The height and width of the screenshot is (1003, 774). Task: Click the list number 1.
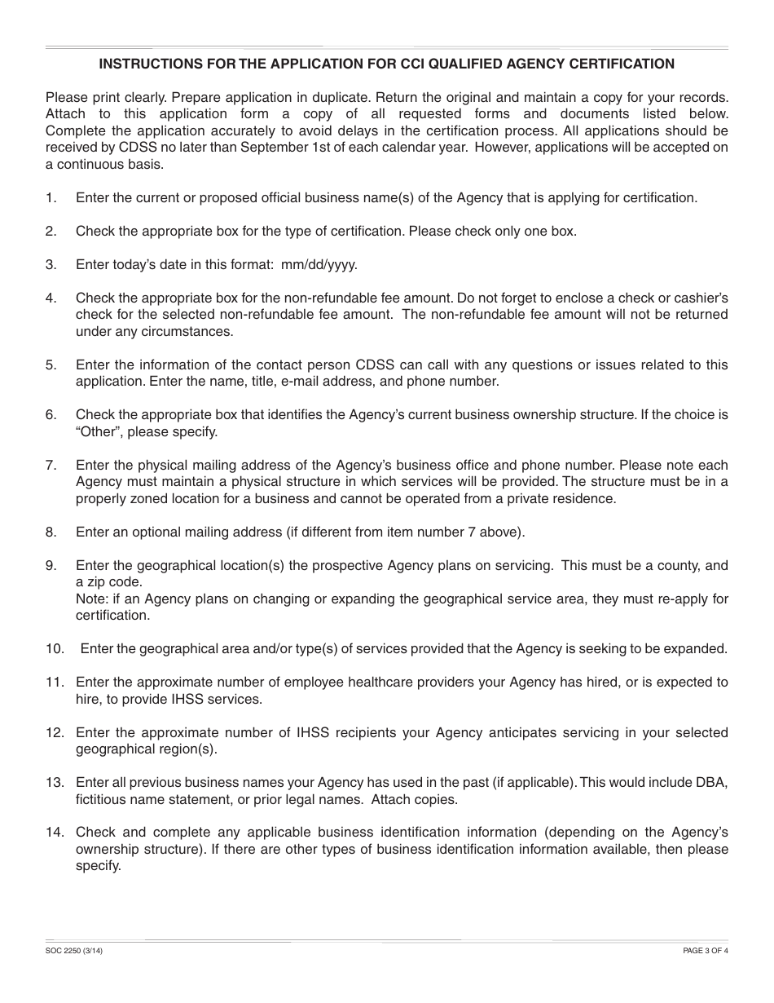[51, 197]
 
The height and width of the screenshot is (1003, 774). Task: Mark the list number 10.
[54, 649]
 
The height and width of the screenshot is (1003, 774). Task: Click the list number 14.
[54, 833]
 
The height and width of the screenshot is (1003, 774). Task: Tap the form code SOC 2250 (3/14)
[74, 950]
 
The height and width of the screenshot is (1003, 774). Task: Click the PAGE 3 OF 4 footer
[705, 950]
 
